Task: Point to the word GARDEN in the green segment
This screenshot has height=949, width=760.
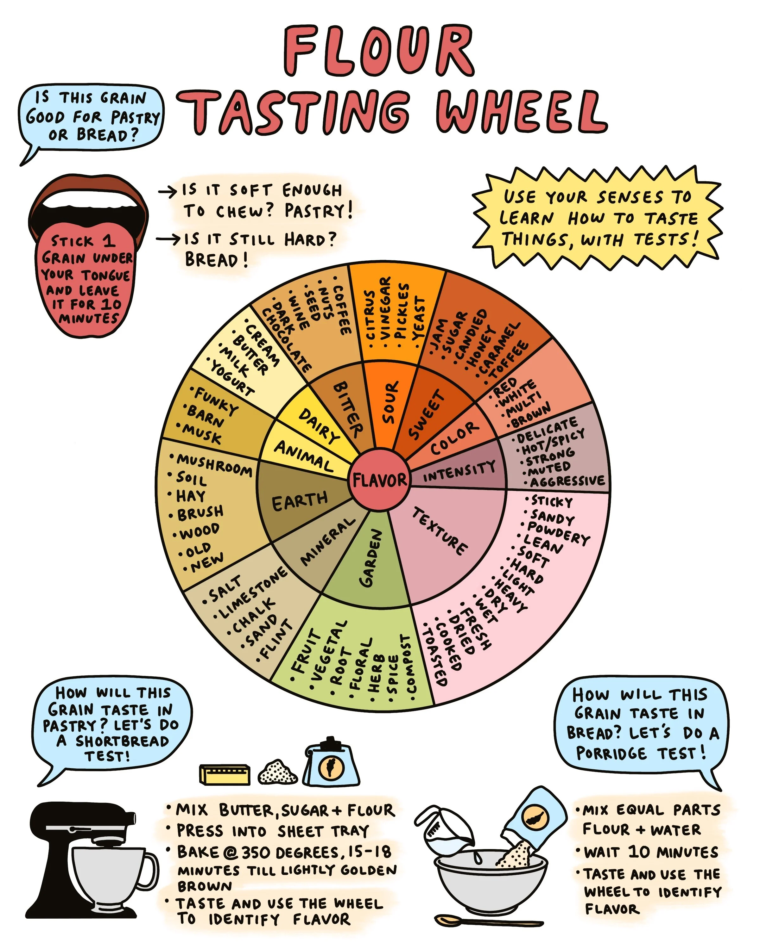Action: (371, 558)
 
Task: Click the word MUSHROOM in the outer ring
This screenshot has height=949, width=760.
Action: (215, 465)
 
